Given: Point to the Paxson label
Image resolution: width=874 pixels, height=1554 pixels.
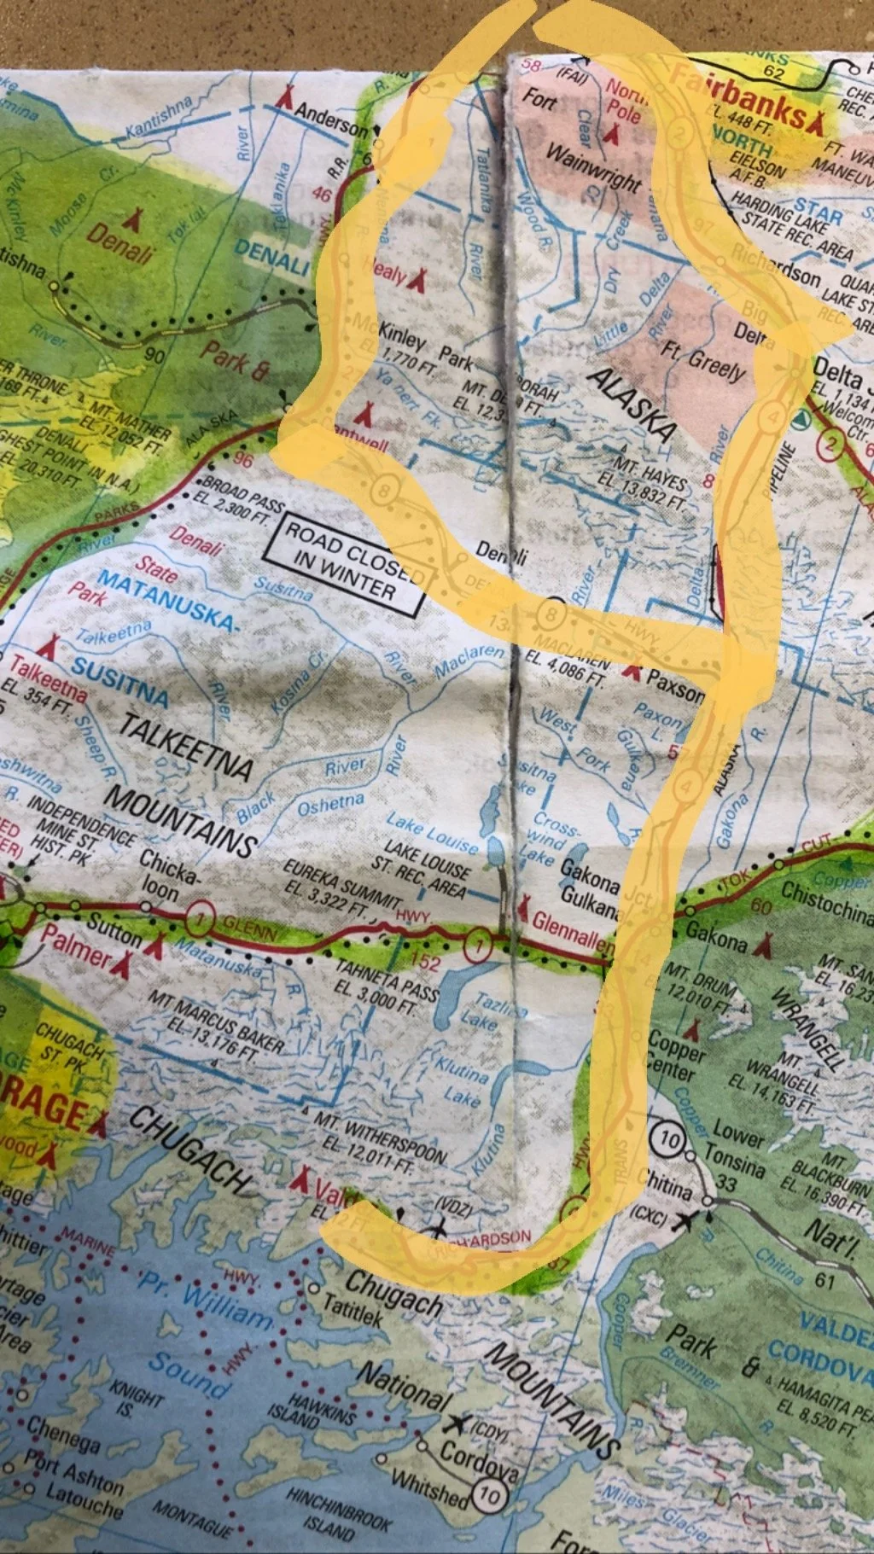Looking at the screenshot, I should (674, 684).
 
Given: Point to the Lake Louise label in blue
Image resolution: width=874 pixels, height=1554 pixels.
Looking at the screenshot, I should (432, 832).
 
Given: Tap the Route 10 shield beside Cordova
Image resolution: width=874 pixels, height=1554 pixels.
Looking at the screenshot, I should (489, 1493).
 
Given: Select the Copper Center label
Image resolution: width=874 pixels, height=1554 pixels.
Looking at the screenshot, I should (676, 1055).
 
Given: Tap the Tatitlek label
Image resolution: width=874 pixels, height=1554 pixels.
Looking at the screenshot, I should (353, 1310).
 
